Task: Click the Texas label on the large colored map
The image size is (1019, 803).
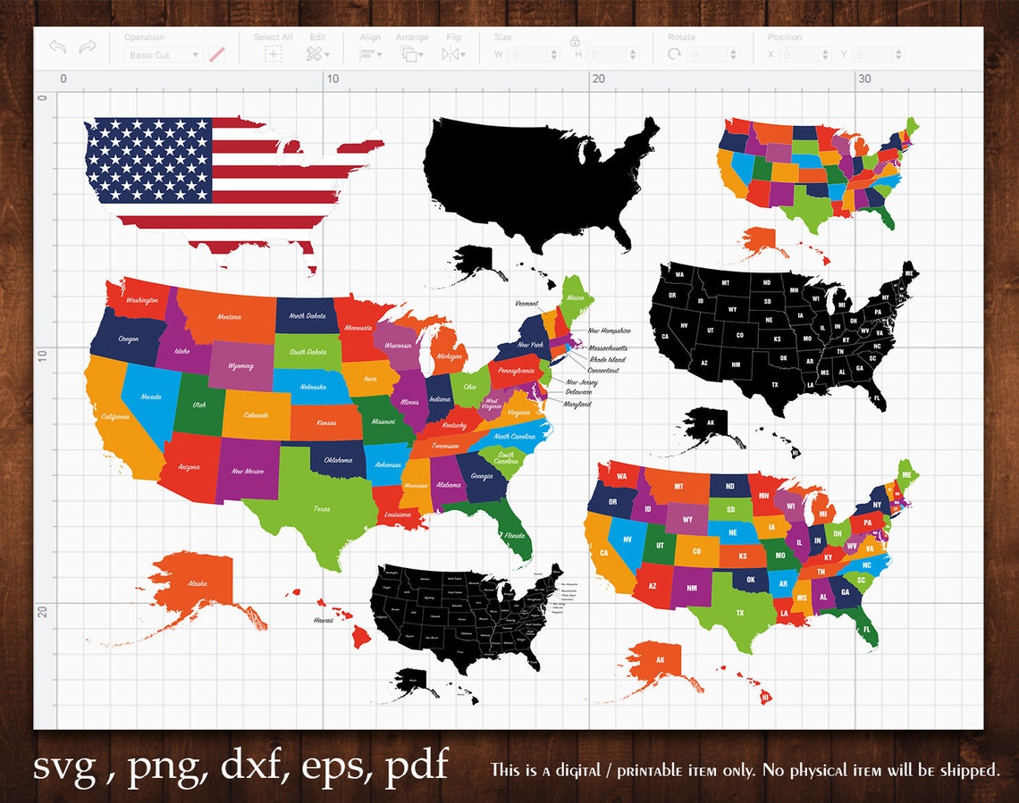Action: point(321,509)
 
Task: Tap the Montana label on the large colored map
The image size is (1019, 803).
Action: point(229,317)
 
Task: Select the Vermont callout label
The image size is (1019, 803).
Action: point(526,304)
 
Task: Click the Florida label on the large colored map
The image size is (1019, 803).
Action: point(513,536)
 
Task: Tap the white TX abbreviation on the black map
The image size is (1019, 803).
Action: point(774,385)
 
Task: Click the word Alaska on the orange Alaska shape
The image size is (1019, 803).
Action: point(198,584)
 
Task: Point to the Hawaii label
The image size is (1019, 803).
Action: point(322,619)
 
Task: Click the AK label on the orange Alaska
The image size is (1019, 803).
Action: point(661,661)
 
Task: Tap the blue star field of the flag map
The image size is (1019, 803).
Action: point(148,160)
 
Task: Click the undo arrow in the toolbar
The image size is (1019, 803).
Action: point(58,46)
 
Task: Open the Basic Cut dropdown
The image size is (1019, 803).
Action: point(164,55)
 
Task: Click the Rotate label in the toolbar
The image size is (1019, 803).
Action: point(681,38)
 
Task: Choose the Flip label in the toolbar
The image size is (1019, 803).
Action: point(454,38)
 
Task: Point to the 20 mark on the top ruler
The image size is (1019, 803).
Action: point(598,79)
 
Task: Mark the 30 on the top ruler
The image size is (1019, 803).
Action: point(863,79)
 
